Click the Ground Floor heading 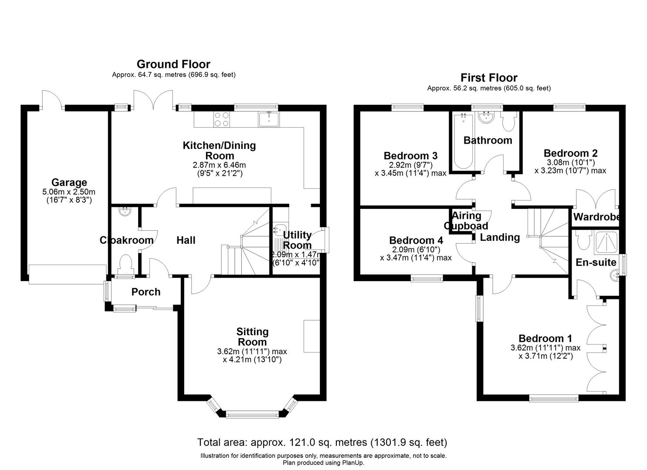point(173,64)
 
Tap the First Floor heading point(489,78)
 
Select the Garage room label point(69,182)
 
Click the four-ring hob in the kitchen point(221,119)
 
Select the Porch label point(146,292)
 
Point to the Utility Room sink point(278,229)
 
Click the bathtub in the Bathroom point(462,141)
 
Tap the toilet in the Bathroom point(508,123)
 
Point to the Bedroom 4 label point(416,241)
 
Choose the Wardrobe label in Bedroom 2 point(596,217)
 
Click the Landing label point(500,237)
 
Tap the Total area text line point(322,443)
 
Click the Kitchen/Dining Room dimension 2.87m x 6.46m point(219,165)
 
